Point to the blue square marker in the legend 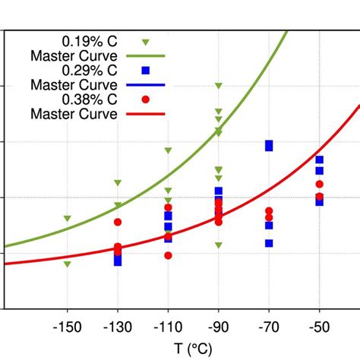coord(146,71)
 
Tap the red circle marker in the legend coord(146,99)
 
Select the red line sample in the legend coord(146,115)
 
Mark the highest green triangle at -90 coord(219,86)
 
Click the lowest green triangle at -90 coord(219,245)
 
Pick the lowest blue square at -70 coord(269,243)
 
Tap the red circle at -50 coord(320,185)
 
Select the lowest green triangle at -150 coord(68,264)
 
